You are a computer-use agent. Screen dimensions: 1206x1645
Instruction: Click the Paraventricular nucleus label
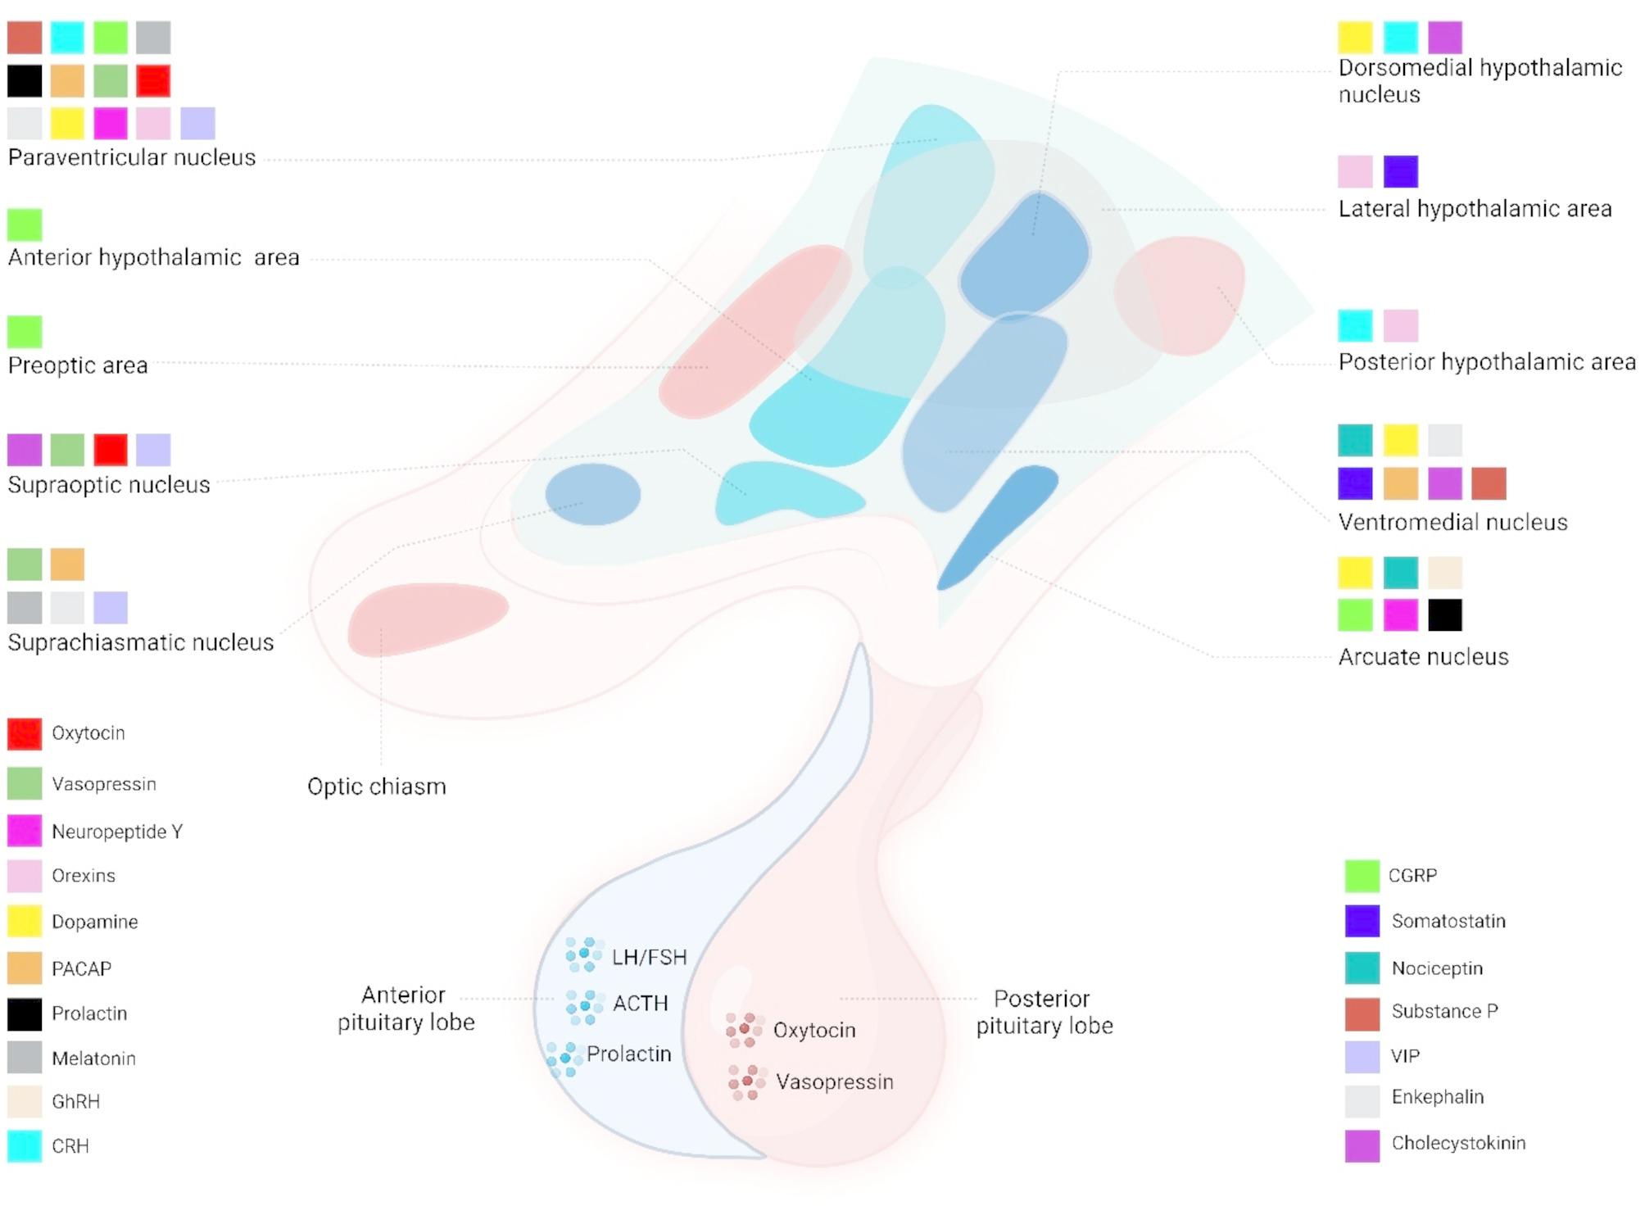point(131,157)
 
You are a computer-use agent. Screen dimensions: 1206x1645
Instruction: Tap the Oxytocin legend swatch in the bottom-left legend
point(25,734)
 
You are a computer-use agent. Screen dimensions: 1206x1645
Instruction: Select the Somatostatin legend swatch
point(1362,921)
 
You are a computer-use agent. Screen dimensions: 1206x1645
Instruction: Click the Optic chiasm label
point(377,787)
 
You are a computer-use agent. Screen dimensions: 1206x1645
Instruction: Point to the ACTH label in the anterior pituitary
point(641,1003)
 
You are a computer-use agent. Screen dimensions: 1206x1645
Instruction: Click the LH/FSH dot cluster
point(584,954)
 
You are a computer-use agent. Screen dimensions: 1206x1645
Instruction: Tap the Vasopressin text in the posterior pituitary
point(834,1081)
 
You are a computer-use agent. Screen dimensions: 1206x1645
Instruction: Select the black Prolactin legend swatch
point(25,1013)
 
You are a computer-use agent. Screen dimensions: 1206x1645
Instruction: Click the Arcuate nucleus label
point(1423,657)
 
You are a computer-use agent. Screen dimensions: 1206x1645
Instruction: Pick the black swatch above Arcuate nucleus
point(1445,615)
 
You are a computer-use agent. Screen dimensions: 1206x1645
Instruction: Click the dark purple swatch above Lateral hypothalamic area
point(1400,172)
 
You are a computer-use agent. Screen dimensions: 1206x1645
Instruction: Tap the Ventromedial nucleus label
point(1452,523)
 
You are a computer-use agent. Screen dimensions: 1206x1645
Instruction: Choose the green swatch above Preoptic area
point(25,332)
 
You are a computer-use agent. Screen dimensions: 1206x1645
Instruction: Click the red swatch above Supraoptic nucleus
point(111,450)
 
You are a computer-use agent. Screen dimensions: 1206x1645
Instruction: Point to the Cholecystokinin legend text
point(1458,1143)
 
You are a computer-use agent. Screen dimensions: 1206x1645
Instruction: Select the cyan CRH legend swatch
point(25,1145)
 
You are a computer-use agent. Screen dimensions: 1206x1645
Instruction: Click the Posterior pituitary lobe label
point(1044,1013)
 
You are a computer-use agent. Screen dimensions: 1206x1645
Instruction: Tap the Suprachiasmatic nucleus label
point(141,642)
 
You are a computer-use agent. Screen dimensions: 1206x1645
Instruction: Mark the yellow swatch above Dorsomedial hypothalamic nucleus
point(1355,38)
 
